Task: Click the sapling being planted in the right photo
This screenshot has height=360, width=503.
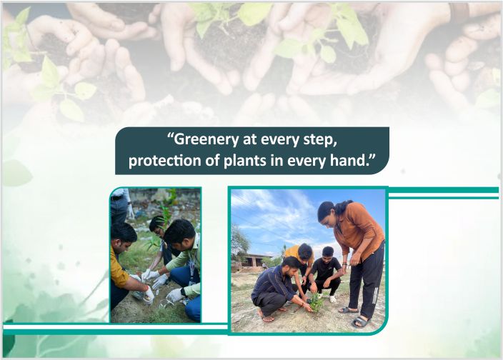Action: [315, 301]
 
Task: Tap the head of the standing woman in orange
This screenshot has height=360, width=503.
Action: [326, 211]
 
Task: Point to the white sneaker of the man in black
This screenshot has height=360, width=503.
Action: [332, 299]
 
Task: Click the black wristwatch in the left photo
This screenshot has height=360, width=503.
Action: [184, 291]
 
